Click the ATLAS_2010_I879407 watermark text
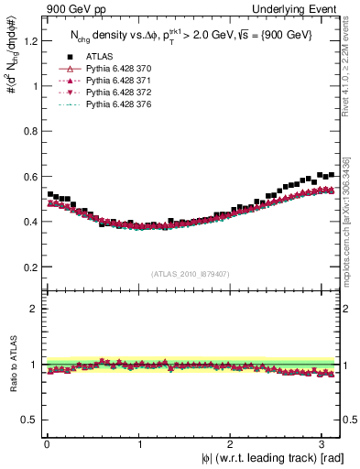coord(191,273)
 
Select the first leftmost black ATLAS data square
coord(49,194)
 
